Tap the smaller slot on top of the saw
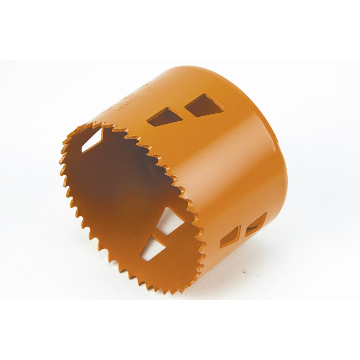point(165,117)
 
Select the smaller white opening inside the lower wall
point(152,248)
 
